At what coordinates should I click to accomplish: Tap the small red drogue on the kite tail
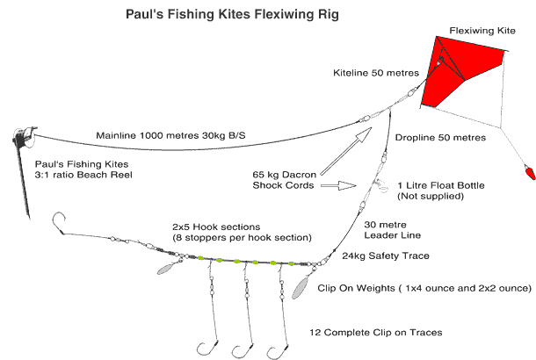[x=530, y=172]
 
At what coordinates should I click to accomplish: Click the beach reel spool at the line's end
[x=24, y=137]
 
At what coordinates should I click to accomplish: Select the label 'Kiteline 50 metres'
[x=376, y=73]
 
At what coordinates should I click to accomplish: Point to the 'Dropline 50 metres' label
[x=440, y=137]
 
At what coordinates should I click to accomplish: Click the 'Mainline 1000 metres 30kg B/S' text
[x=170, y=135]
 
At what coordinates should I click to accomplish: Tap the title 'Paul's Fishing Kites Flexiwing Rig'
[x=233, y=14]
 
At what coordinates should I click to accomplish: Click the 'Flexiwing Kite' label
[x=482, y=31]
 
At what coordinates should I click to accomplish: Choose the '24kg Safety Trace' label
[x=386, y=256]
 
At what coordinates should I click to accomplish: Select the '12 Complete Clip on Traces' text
[x=376, y=332]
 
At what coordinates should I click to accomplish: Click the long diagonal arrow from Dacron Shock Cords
[x=346, y=151]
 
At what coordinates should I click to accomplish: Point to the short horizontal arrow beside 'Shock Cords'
[x=338, y=185]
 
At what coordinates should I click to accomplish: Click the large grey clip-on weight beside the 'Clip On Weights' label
[x=301, y=288]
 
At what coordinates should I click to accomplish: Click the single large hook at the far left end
[x=59, y=222]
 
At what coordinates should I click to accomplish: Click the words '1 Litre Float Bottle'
[x=441, y=185]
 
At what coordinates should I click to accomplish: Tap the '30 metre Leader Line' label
[x=393, y=230]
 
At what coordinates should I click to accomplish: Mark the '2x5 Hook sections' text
[x=216, y=227]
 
